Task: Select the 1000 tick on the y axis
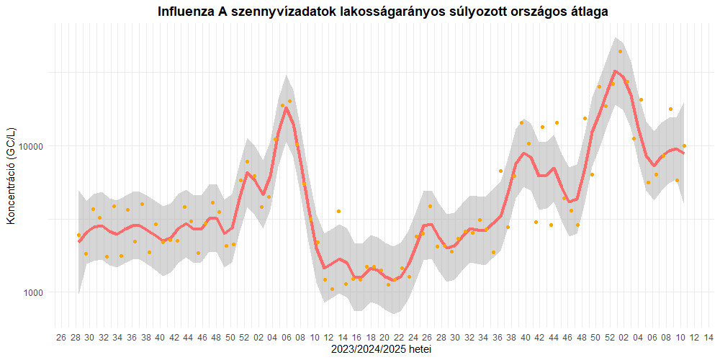(36, 293)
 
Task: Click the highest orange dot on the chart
(620, 51)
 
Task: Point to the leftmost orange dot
(78, 235)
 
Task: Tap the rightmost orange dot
(684, 146)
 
